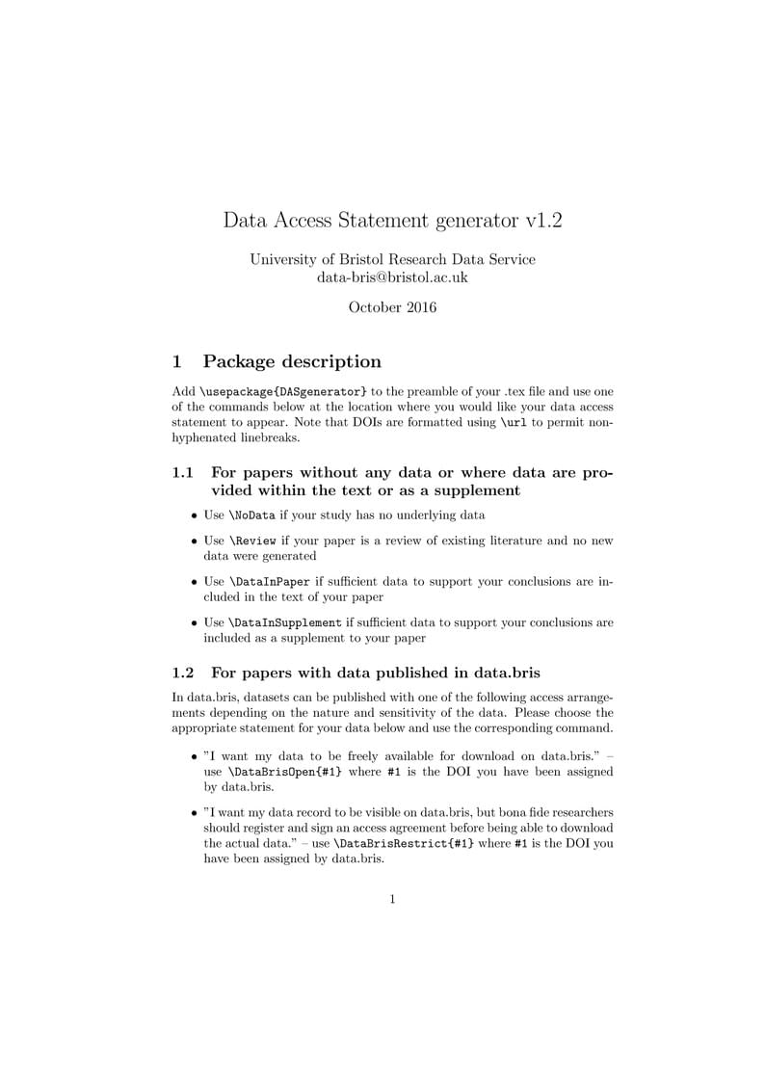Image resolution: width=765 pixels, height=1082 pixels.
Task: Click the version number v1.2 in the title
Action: click(x=542, y=220)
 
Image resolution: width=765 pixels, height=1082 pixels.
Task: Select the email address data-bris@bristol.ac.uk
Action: click(x=392, y=277)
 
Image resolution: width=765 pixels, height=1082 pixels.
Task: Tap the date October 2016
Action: click(x=392, y=307)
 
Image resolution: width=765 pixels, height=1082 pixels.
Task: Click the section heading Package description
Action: click(x=292, y=361)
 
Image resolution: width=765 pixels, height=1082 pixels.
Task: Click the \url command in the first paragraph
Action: click(x=515, y=422)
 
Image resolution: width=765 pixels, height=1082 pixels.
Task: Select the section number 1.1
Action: click(x=183, y=472)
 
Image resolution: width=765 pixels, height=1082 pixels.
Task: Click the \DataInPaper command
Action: click(x=269, y=582)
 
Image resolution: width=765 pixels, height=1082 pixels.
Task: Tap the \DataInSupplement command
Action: click(x=285, y=622)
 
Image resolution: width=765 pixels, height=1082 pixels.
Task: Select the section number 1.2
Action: click(x=183, y=672)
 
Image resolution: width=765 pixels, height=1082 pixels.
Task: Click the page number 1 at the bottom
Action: click(x=392, y=900)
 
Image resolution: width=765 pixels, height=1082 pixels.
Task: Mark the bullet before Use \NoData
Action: click(x=195, y=515)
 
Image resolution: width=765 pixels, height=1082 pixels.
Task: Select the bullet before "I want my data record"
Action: click(x=195, y=813)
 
